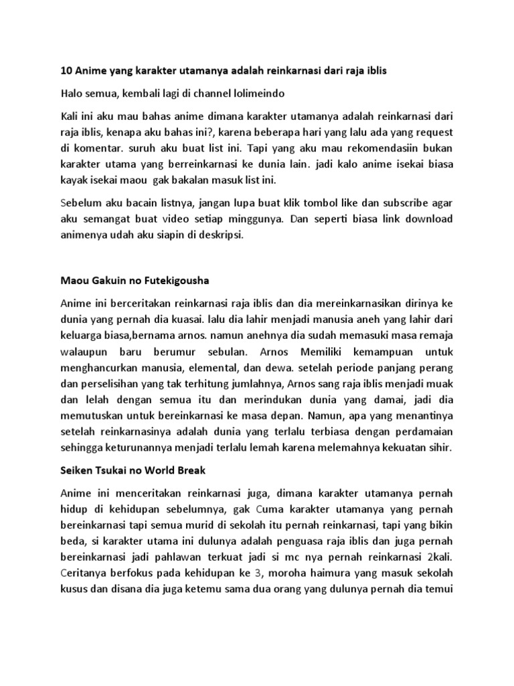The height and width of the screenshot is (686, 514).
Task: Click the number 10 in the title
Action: click(x=66, y=70)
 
